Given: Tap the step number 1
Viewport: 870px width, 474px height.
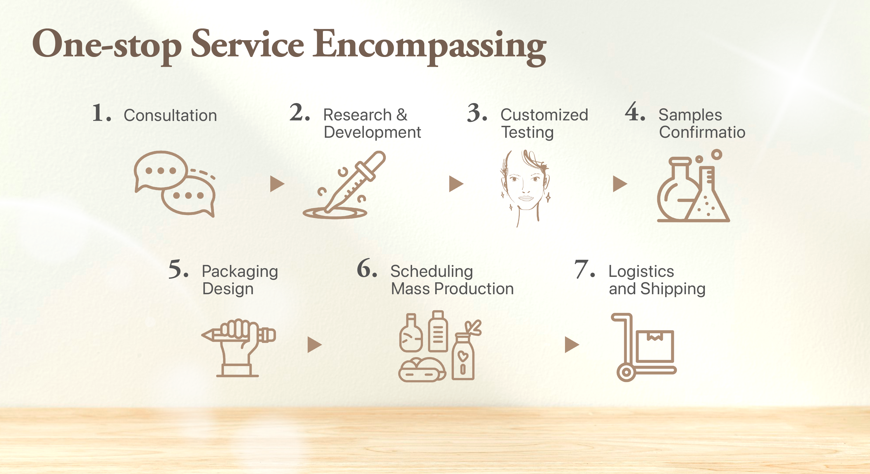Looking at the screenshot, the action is click(101, 113).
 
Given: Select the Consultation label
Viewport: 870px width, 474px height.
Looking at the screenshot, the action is click(170, 116).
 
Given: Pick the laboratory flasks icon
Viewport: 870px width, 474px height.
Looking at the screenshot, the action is click(693, 186).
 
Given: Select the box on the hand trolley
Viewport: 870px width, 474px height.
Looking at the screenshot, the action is click(655, 346).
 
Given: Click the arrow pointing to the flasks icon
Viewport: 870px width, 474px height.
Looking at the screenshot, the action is click(620, 184).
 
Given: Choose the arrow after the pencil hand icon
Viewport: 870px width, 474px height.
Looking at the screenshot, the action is click(315, 345).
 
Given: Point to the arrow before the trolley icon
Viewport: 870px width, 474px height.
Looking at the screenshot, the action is click(572, 345).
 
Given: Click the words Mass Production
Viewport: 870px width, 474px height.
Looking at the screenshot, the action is click(452, 289).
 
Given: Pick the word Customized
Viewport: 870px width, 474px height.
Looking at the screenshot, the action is click(544, 115).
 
